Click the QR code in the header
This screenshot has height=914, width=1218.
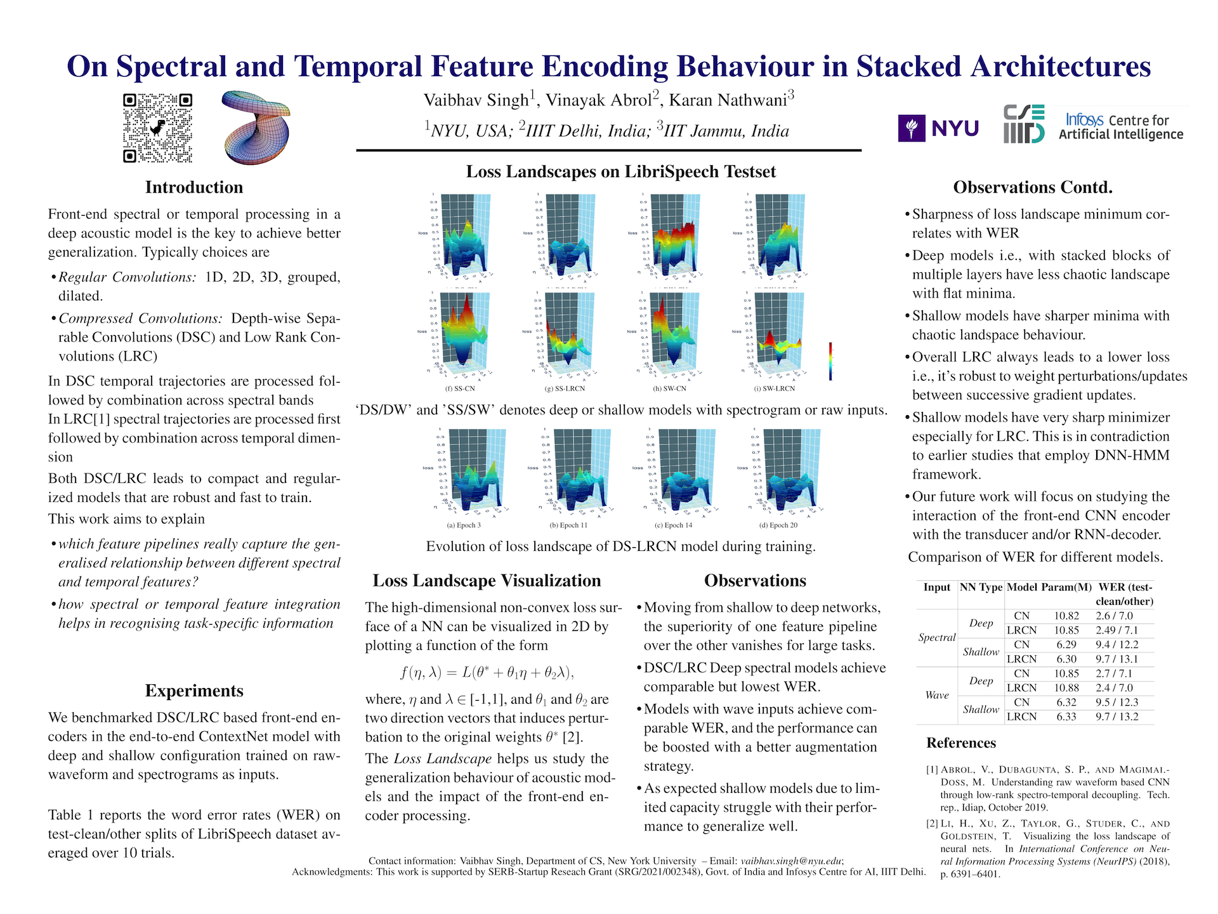point(157,128)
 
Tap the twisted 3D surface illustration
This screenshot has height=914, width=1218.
point(256,127)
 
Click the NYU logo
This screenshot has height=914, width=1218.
point(938,128)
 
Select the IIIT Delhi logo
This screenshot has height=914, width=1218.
point(1023,124)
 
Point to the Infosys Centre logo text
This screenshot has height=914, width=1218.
point(1121,126)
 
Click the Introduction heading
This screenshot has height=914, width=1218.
point(194,187)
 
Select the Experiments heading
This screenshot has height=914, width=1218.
point(194,691)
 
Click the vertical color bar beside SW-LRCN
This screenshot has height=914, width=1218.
point(830,361)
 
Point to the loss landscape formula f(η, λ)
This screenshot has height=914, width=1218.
point(487,672)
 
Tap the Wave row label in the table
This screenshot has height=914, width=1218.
point(936,695)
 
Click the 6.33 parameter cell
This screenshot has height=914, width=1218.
point(1066,717)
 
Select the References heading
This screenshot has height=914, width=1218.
point(961,743)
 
